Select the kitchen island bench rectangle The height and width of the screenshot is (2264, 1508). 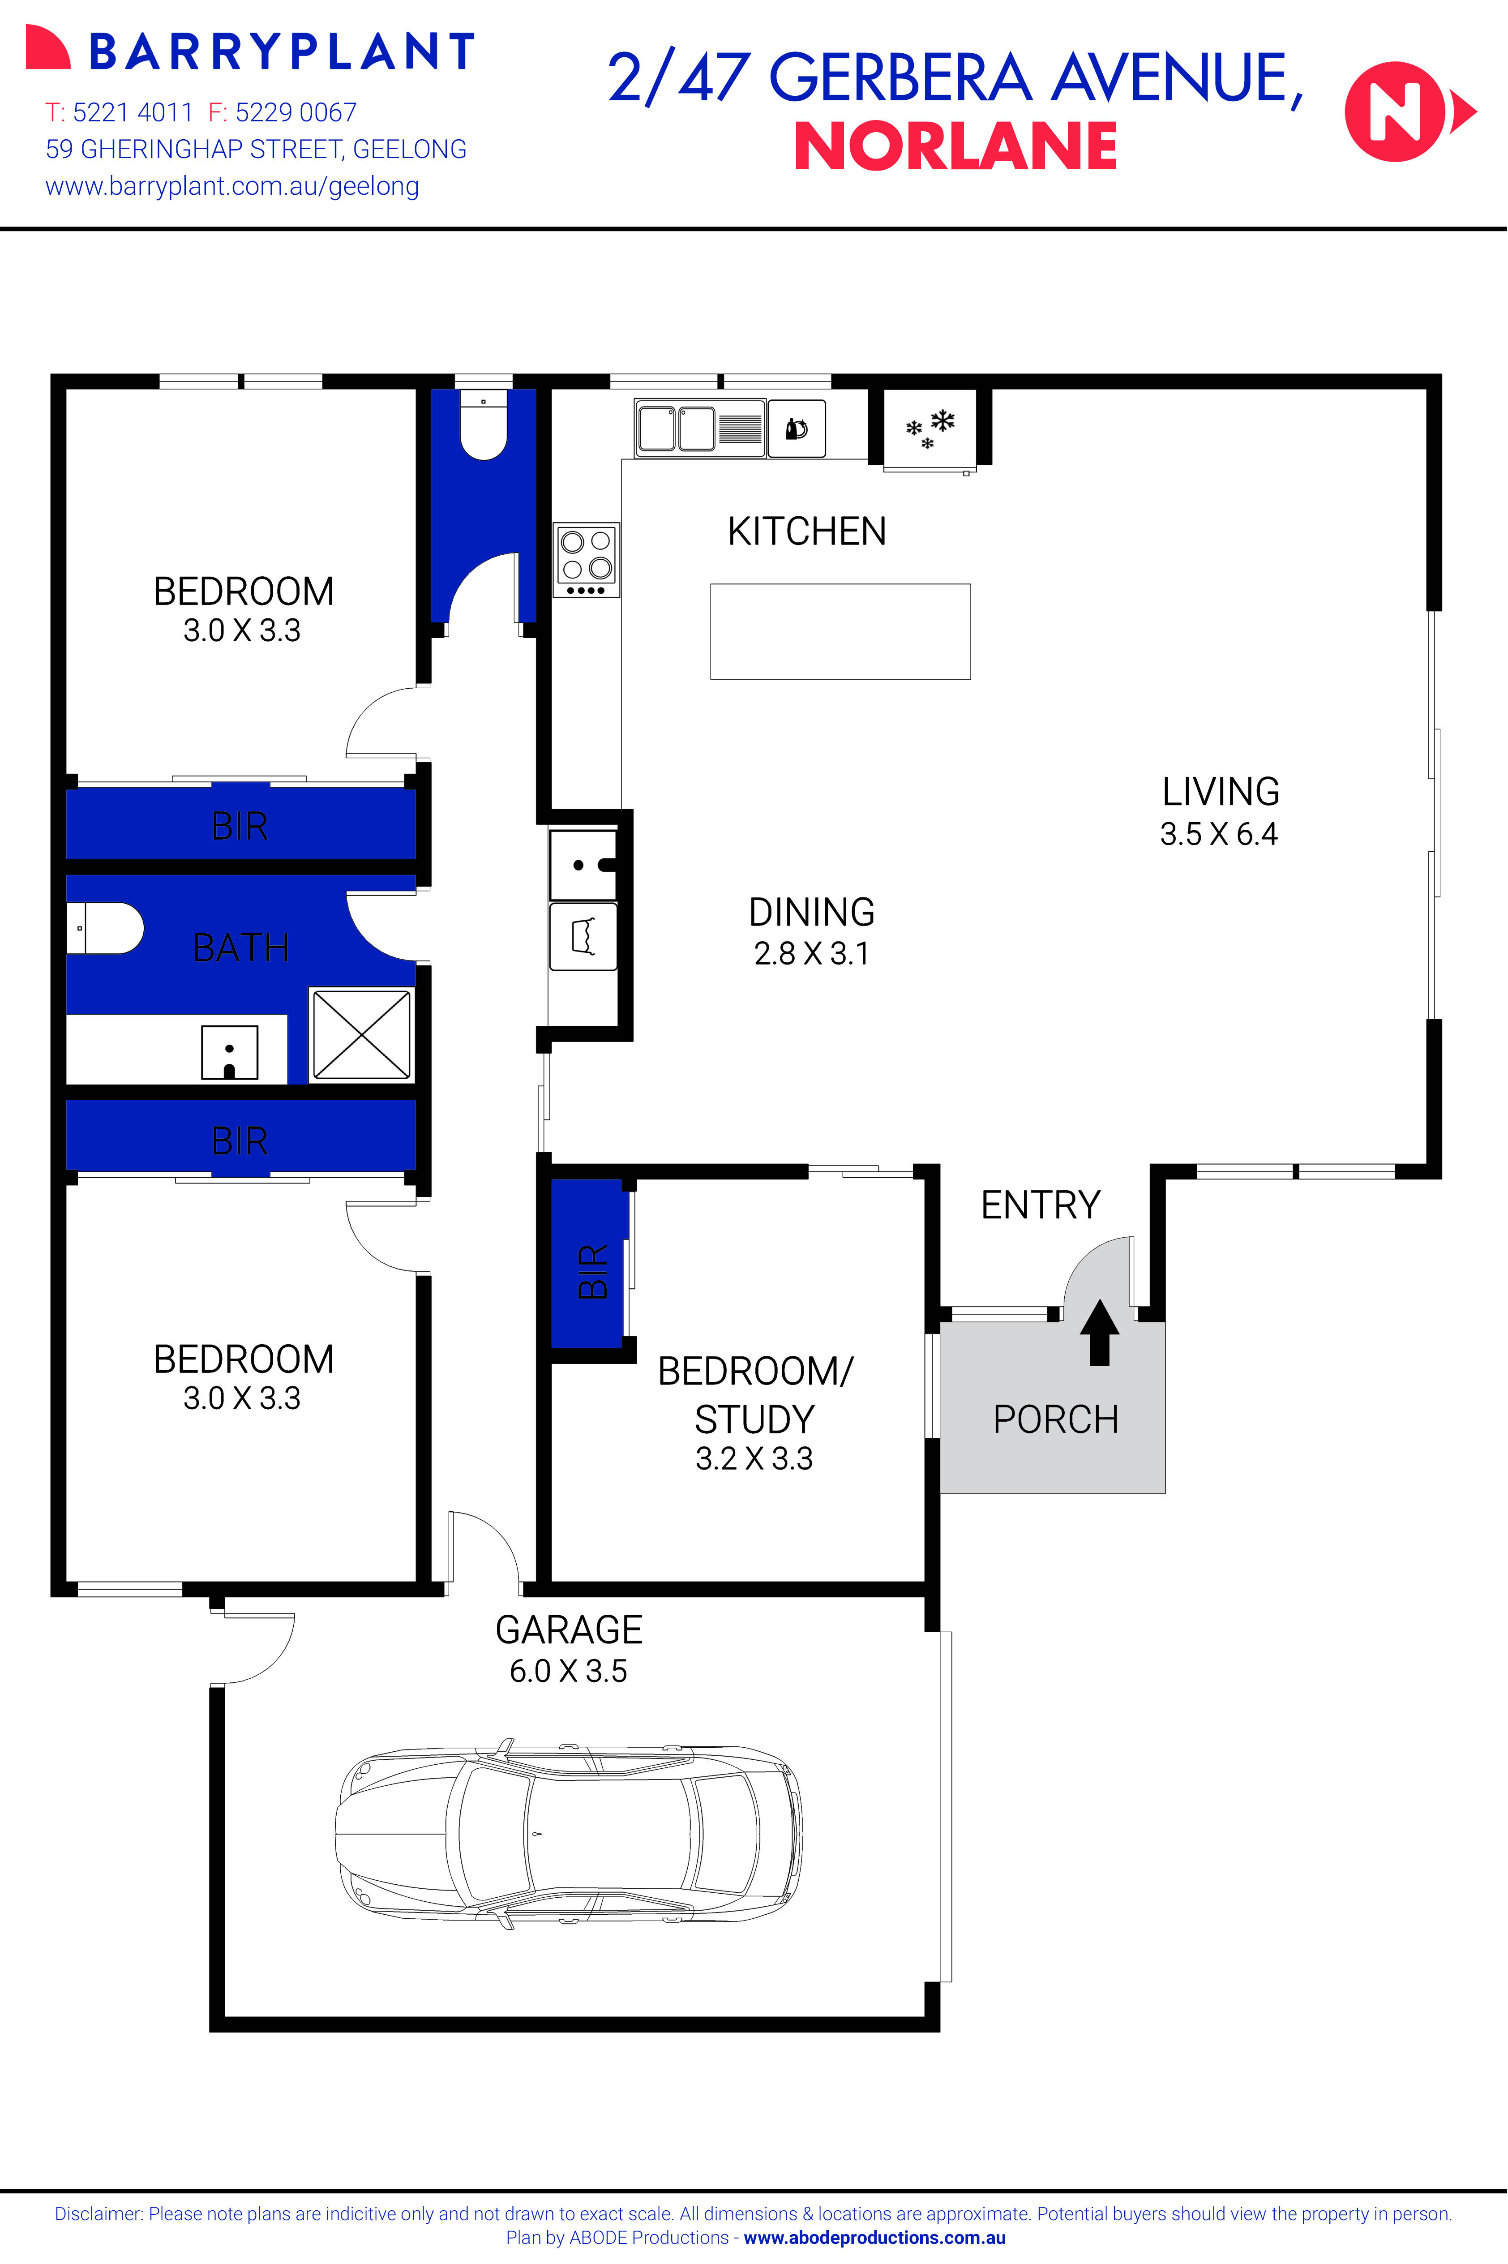(840, 631)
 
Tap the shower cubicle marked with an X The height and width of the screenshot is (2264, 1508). (360, 1035)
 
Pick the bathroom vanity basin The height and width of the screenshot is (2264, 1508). (229, 1052)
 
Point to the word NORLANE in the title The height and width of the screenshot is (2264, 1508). (955, 147)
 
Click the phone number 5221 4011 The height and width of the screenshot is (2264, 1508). (133, 112)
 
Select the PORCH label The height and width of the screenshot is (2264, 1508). (1055, 1419)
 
